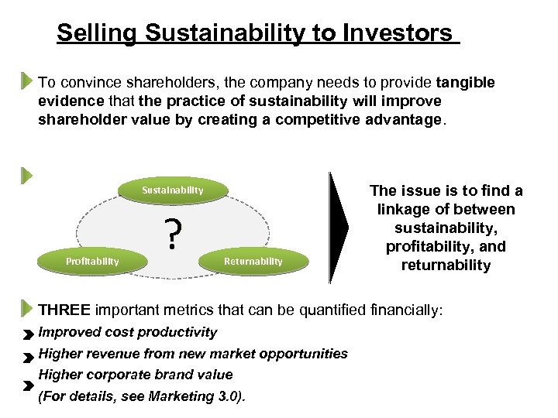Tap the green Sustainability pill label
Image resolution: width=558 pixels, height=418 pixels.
[173, 190]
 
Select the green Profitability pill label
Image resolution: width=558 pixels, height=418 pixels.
[92, 261]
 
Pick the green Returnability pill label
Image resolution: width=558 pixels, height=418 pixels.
[253, 261]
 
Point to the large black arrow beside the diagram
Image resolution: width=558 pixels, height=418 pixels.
[341, 228]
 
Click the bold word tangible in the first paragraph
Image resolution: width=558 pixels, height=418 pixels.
[466, 82]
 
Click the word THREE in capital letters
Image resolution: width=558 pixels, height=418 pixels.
[64, 310]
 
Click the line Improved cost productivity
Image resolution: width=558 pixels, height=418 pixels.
[128, 332]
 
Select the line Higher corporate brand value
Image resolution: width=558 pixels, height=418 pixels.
[136, 375]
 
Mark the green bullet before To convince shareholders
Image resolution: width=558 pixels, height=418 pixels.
[27, 81]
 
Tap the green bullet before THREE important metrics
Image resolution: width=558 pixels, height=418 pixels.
[27, 308]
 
